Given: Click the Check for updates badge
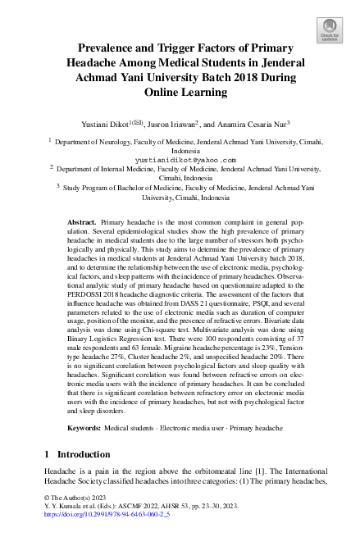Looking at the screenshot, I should [x=330, y=32].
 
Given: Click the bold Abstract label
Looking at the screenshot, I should [x=81, y=222].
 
